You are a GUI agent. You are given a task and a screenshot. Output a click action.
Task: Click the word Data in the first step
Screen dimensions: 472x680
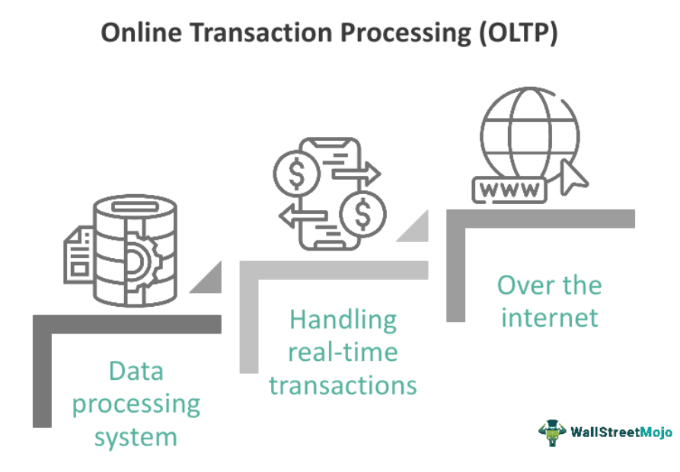[x=136, y=371]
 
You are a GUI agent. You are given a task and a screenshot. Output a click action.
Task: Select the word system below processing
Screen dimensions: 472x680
[x=136, y=436]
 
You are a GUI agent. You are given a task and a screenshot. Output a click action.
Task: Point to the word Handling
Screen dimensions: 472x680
[x=343, y=319]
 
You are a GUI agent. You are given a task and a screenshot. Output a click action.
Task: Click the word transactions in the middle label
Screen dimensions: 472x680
[x=343, y=384]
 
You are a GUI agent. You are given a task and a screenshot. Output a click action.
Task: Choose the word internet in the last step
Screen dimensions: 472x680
[x=550, y=316]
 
